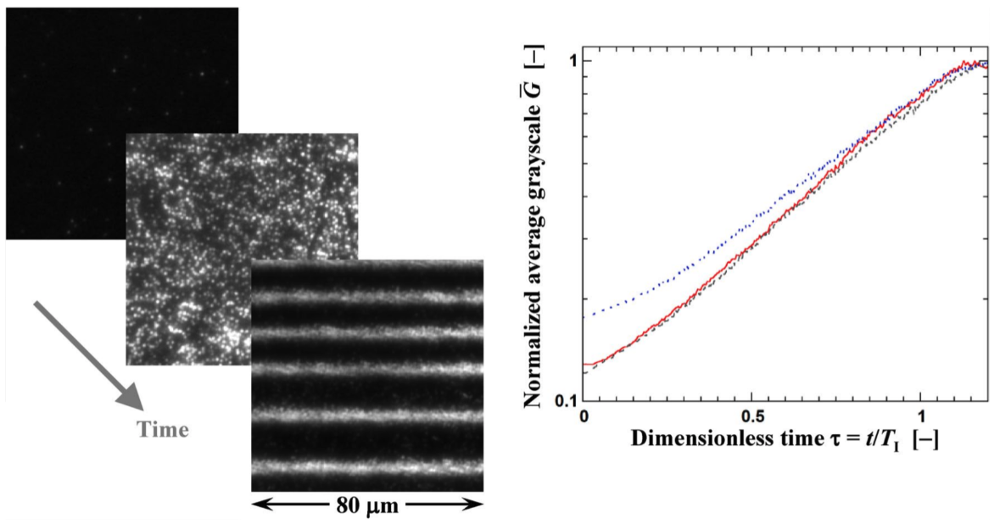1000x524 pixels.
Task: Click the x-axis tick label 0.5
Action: pos(751,417)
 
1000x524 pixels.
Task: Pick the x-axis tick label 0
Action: pos(584,417)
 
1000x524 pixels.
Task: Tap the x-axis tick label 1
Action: pos(922,417)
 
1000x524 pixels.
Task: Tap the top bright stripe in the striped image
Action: pos(367,298)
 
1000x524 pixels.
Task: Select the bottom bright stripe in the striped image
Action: pos(367,467)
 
